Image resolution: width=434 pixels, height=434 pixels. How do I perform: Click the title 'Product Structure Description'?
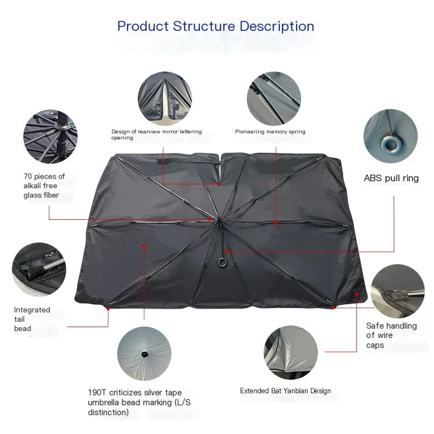pos(215,27)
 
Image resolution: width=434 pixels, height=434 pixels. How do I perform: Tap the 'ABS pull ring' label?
pos(391,178)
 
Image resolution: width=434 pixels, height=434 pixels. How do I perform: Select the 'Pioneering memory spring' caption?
pos(270,132)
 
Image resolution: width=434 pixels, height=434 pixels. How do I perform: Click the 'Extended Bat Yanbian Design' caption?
pos(285,391)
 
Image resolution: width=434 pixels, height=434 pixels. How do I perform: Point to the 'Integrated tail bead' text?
pos(32,319)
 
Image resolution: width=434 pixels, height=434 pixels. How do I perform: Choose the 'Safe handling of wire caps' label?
pos(391,335)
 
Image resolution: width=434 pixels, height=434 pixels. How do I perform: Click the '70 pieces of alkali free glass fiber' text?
pos(44,186)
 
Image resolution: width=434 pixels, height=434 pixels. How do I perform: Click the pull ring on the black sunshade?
pos(222,262)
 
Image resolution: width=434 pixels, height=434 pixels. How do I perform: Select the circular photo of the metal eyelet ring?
pos(390,136)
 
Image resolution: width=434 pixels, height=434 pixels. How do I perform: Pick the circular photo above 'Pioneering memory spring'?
pos(274,99)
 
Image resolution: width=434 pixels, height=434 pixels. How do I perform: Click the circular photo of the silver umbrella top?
pos(144,354)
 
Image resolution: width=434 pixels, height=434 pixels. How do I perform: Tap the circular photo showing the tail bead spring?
pos(39,270)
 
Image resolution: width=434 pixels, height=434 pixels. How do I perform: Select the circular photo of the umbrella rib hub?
pos(50,137)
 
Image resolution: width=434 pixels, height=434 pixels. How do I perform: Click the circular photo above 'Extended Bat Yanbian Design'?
pos(291,352)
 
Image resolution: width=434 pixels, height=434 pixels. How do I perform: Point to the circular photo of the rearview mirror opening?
pos(165,99)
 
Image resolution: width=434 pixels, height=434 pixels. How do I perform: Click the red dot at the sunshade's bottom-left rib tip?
pos(108,308)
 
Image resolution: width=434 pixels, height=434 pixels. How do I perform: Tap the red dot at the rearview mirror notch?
pos(219,184)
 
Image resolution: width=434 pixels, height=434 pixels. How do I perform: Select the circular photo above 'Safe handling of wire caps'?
pos(398,291)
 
